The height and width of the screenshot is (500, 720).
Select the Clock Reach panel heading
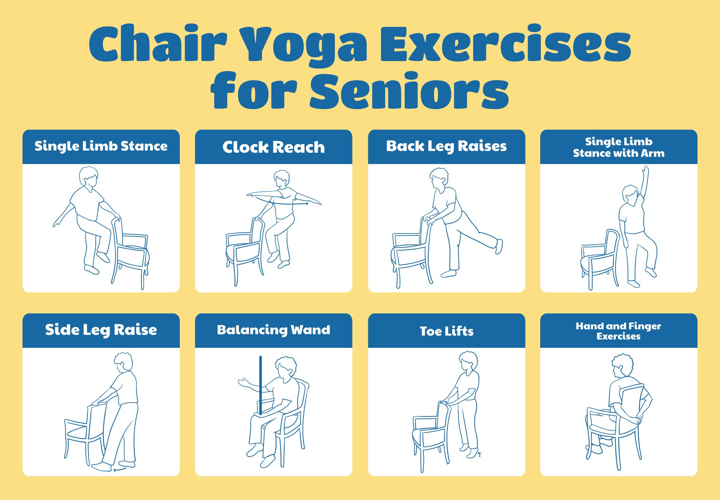[x=273, y=147]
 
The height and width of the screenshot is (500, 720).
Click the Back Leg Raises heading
[x=446, y=146]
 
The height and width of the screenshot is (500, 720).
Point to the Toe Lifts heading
[x=446, y=331]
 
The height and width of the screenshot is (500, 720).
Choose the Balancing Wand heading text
[x=273, y=330]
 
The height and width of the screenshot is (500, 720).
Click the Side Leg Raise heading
[x=101, y=330]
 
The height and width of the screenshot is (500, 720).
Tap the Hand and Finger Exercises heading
[x=618, y=331]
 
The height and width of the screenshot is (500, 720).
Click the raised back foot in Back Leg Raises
[x=499, y=246]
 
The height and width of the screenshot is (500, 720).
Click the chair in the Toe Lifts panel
[x=431, y=435]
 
